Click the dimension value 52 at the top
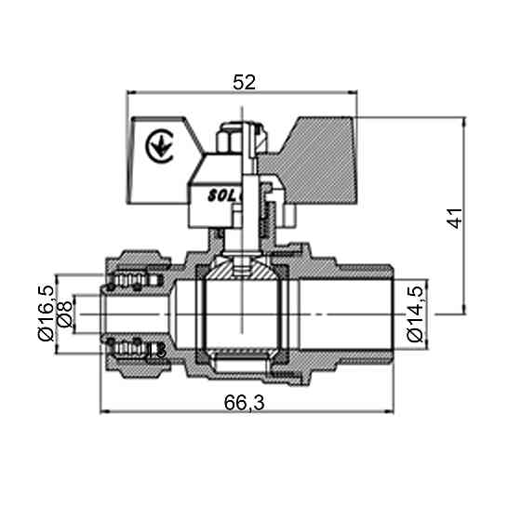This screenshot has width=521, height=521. click(243, 82)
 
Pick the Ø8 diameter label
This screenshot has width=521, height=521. click(65, 316)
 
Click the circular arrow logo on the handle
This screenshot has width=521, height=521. click(159, 145)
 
